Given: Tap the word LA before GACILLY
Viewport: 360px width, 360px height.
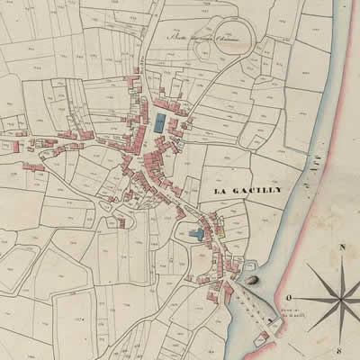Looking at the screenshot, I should (x=220, y=192).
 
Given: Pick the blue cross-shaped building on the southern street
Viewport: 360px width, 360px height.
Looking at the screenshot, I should (x=197, y=235).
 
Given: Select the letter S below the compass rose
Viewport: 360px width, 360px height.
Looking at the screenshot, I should (x=340, y=350).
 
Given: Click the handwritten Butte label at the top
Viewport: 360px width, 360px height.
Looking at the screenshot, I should (x=199, y=38).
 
